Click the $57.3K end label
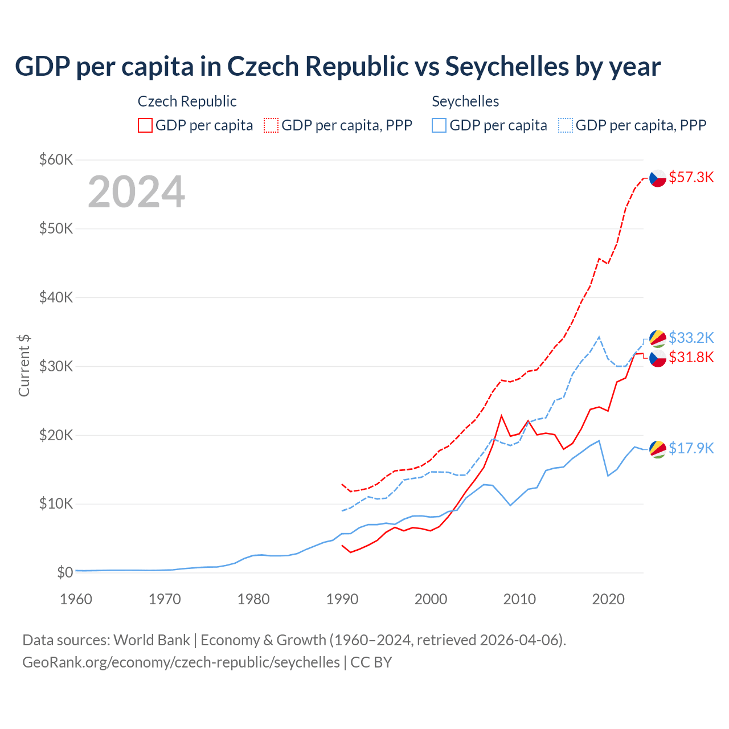[x=691, y=177]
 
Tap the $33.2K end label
[x=691, y=338]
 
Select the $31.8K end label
[x=691, y=357]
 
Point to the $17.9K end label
[x=691, y=448]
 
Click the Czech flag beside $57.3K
[x=658, y=178]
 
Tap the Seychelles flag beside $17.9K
[x=658, y=449]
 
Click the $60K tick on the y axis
[x=56, y=159]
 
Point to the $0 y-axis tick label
[x=65, y=572]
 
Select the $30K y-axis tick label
[x=56, y=366]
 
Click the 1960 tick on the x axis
[x=76, y=599]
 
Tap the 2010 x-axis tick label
[x=519, y=599]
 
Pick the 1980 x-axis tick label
[x=253, y=599]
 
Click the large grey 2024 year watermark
[x=136, y=192]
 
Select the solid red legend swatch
[x=145, y=125]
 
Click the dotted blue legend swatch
[x=566, y=125]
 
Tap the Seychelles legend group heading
[x=465, y=101]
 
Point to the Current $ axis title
[x=24, y=366]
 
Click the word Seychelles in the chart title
[x=507, y=67]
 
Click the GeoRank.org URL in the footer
[x=181, y=662]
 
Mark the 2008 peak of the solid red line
[x=501, y=415]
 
